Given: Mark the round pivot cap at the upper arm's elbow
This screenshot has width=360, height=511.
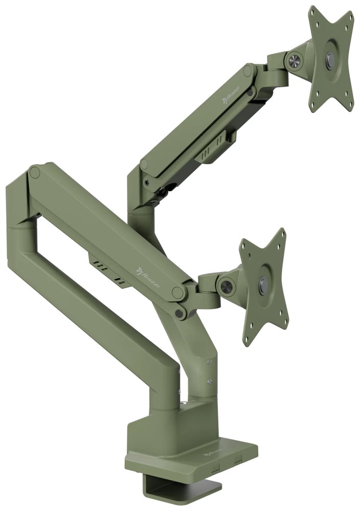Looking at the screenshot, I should [144, 165].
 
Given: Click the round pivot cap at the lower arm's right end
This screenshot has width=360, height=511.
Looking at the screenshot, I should [178, 293].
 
